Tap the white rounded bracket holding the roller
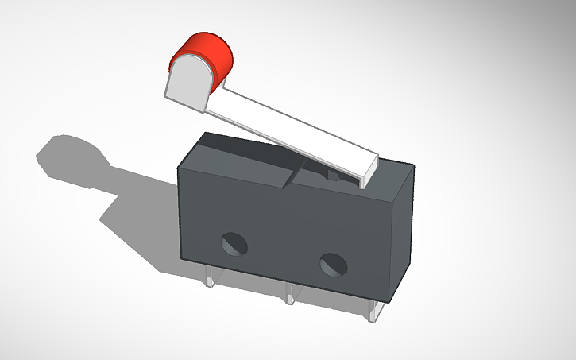point(187,84)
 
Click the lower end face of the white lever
point(368,169)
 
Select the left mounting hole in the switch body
point(234,242)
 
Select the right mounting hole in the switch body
point(332,263)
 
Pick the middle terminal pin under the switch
point(290,294)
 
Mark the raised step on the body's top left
point(238,159)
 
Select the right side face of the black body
point(401,230)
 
